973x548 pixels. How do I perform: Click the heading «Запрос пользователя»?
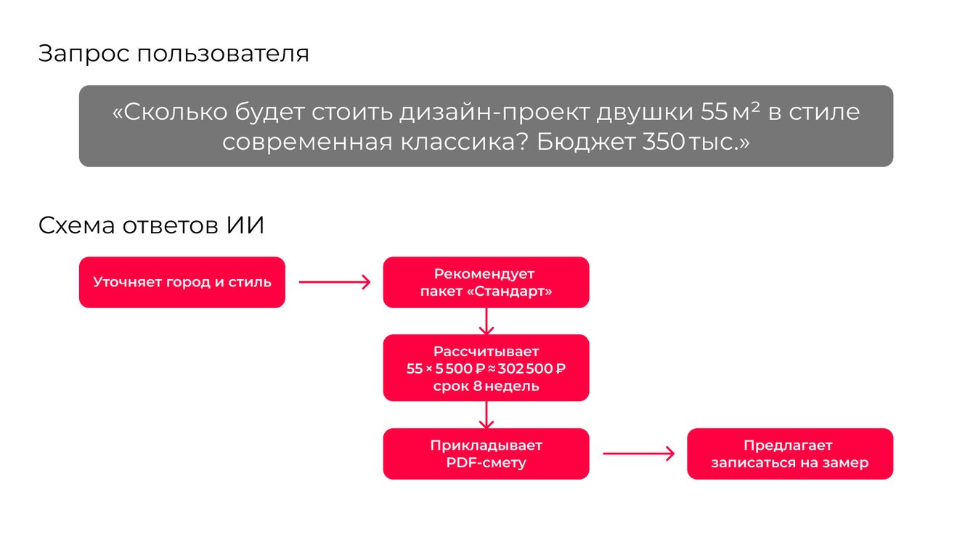[174, 55]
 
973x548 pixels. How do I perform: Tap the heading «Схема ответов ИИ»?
[151, 226]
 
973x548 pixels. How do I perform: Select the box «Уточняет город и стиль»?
[182, 282]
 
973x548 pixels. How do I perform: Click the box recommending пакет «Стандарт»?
[486, 282]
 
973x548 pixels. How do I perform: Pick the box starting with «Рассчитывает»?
[486, 368]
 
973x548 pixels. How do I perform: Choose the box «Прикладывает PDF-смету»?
[486, 454]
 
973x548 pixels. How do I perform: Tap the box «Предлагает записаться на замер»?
[789, 454]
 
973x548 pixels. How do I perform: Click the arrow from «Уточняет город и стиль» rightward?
[334, 282]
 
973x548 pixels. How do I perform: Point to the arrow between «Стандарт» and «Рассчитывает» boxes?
[486, 321]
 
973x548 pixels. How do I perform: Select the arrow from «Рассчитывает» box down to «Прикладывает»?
[486, 414]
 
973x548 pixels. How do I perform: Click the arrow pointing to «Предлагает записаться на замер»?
[638, 454]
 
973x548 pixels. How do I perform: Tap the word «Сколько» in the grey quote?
[168, 113]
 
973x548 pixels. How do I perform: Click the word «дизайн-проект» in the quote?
[494, 113]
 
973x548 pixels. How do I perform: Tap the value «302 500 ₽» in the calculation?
[532, 368]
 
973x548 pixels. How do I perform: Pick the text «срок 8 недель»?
[486, 386]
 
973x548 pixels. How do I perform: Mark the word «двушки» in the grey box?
[645, 113]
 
